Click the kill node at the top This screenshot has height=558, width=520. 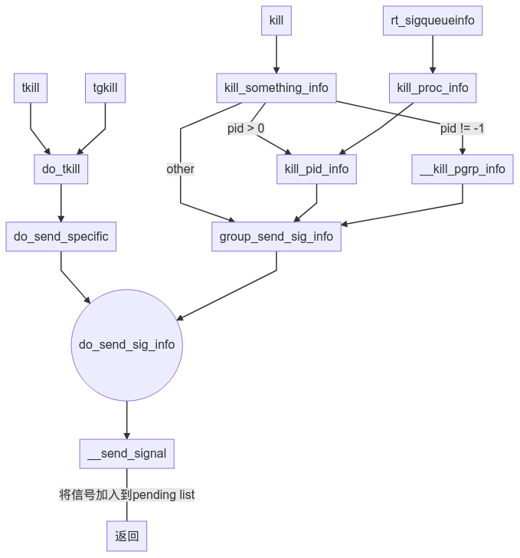click(x=276, y=21)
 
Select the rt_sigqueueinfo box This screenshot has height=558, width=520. click(x=433, y=21)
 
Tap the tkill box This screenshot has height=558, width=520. click(x=31, y=87)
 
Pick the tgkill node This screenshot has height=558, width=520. click(x=105, y=87)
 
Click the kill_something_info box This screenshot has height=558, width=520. click(x=276, y=87)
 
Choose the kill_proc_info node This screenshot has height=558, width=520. click(x=433, y=87)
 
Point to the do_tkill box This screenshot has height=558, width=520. click(x=61, y=169)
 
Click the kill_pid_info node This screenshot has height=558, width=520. click(x=316, y=169)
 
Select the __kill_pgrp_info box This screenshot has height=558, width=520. click(x=463, y=169)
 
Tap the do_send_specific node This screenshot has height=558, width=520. click(x=61, y=236)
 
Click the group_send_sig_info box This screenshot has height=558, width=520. click(x=276, y=236)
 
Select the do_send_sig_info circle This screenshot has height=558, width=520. click(x=127, y=345)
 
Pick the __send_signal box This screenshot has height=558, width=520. click(x=127, y=453)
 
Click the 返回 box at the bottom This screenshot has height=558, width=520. click(x=127, y=536)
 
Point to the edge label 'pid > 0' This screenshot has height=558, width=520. click(x=246, y=128)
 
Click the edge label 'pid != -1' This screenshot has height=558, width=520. click(x=463, y=128)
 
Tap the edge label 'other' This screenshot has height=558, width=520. click(x=181, y=169)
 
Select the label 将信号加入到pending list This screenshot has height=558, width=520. click(x=127, y=494)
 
